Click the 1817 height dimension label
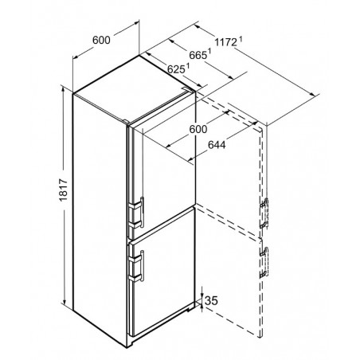click(x=64, y=190)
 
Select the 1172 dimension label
click(x=225, y=42)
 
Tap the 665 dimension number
click(x=198, y=55)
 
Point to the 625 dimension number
click(x=176, y=69)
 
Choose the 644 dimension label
click(x=217, y=145)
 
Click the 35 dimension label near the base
click(x=212, y=300)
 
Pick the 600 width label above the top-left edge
click(x=101, y=40)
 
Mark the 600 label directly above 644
click(x=198, y=129)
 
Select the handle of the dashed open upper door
click(x=264, y=213)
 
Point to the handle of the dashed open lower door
click(x=264, y=262)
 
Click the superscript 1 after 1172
click(x=241, y=40)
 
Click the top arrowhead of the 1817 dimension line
click(x=63, y=89)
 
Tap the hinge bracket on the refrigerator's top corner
click(x=184, y=88)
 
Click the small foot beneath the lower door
click(x=190, y=308)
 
